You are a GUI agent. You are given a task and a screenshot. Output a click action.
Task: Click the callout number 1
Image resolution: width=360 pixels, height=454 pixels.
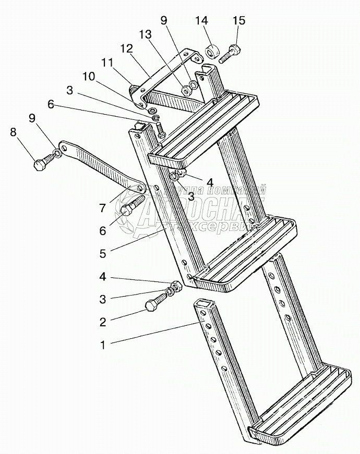[x=103, y=345]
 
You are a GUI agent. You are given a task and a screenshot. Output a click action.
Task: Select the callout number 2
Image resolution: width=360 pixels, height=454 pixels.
[x=103, y=322]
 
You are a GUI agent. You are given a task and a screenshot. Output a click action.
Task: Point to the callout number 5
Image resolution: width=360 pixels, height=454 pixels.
[x=103, y=254]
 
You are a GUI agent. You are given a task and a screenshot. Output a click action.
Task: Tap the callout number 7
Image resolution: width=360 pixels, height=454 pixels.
[x=103, y=208]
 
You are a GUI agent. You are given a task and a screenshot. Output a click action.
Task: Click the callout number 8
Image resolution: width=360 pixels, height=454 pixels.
[x=13, y=132]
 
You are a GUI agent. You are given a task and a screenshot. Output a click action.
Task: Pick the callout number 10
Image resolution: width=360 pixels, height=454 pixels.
[x=88, y=76]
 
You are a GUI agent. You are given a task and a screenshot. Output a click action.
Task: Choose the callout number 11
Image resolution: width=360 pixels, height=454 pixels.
[x=107, y=63]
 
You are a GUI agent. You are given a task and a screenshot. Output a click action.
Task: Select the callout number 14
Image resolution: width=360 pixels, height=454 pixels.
[x=201, y=21]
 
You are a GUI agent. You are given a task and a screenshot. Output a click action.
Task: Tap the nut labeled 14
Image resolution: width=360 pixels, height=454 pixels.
[x=212, y=53]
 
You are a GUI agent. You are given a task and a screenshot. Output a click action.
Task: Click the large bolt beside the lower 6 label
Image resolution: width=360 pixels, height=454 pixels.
[x=134, y=206]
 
